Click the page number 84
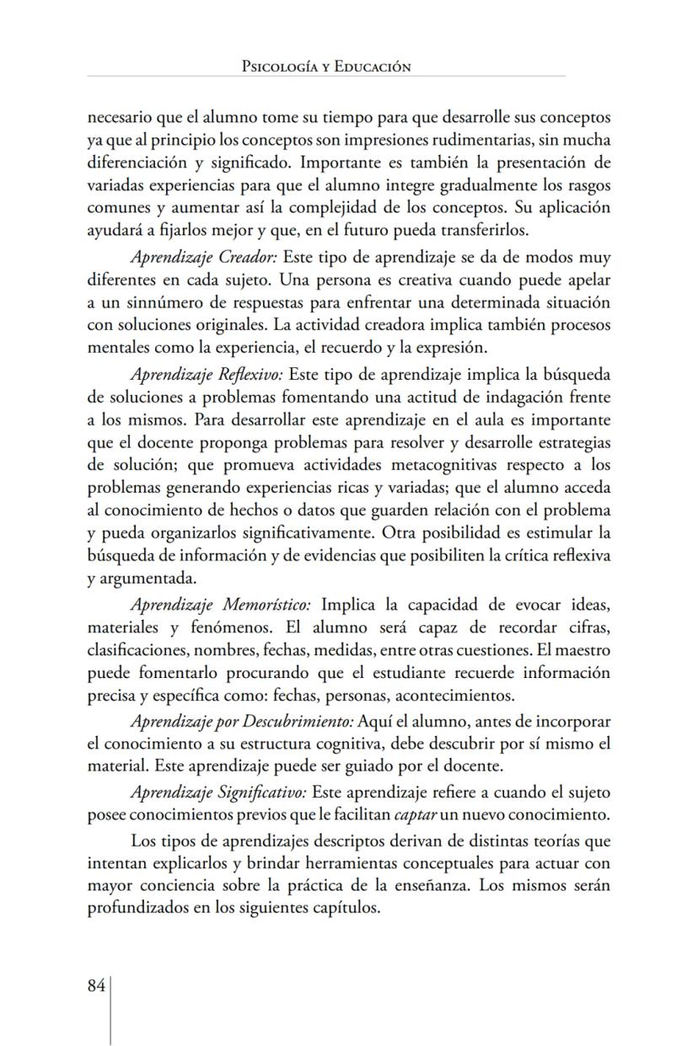click(x=95, y=986)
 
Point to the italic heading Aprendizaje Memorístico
click(x=221, y=605)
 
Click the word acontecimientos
click(x=455, y=696)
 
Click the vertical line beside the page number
click(x=110, y=1010)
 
